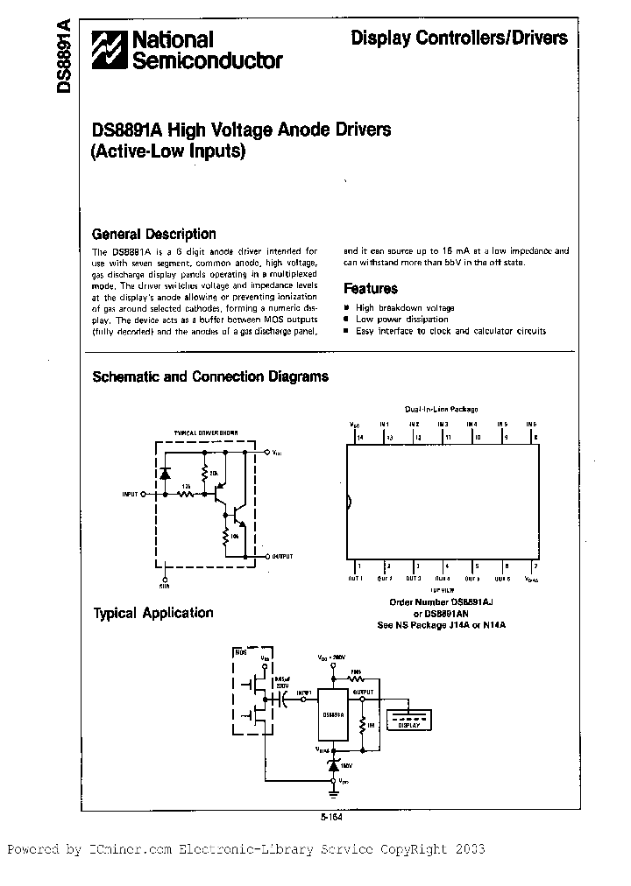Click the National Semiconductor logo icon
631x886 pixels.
111,50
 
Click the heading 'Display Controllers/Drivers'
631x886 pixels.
459,38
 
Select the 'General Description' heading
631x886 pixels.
154,234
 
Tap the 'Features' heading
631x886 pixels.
371,288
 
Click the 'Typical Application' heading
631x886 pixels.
153,613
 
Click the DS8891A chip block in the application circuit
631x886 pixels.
332,714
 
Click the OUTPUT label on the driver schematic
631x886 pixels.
283,556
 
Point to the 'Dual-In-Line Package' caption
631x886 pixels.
442,410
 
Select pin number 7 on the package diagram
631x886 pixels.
534,567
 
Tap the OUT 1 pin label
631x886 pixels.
355,579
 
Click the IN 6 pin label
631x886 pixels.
530,424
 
